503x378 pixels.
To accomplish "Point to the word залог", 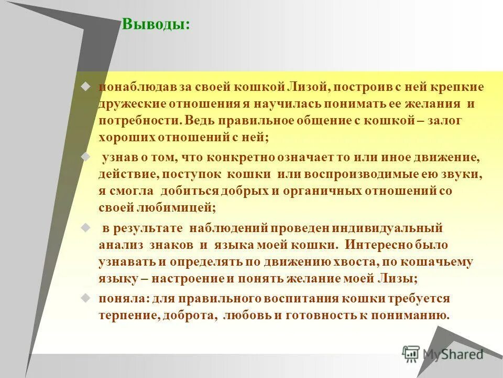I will (443, 120).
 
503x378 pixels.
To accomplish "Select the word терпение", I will (127, 316).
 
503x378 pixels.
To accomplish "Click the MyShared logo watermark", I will (443, 354).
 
